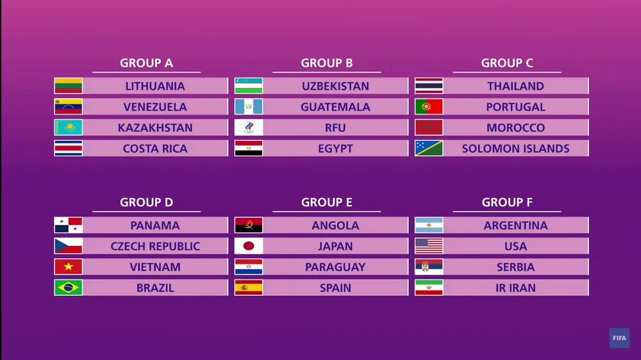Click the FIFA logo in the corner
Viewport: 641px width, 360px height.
(619, 338)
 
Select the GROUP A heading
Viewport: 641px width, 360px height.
(146, 63)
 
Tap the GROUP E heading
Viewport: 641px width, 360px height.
(327, 202)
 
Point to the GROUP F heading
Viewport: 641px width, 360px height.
(507, 202)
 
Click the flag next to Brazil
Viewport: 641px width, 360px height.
(69, 288)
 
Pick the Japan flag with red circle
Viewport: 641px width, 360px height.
(249, 246)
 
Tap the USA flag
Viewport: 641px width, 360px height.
(429, 246)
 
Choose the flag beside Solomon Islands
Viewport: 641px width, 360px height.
(429, 149)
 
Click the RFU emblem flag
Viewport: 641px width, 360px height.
(249, 127)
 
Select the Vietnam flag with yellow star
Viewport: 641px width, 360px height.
(69, 267)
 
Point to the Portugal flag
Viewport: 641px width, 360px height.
(429, 106)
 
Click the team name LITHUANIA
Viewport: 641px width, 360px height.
(155, 86)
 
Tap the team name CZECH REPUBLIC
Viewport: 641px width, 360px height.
(155, 247)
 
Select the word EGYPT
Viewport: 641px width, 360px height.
(335, 149)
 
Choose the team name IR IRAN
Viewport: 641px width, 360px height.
(515, 288)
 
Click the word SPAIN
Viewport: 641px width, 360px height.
(335, 288)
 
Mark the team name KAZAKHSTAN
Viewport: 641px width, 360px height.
(155, 128)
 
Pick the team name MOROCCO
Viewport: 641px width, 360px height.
(515, 128)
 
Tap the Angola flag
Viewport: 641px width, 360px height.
(249, 225)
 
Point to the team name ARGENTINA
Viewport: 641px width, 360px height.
(515, 225)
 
